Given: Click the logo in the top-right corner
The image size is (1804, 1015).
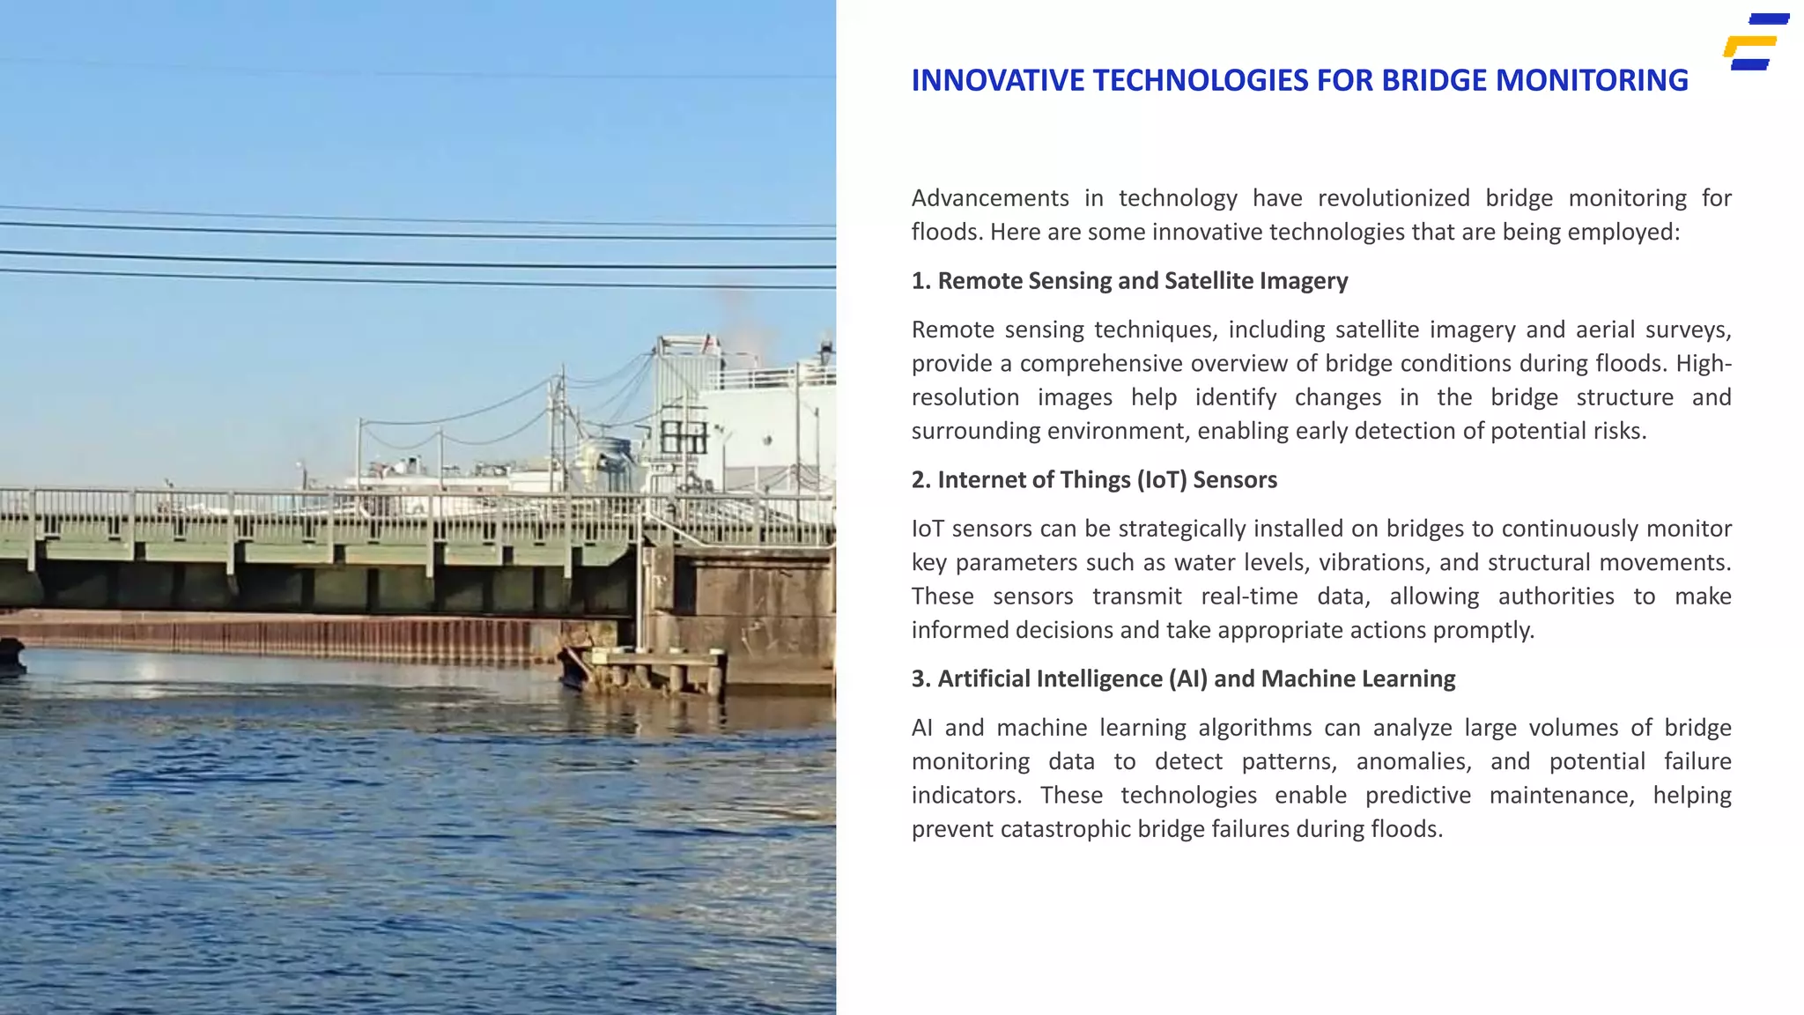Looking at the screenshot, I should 1756,41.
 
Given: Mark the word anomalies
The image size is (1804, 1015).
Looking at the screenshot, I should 1414,762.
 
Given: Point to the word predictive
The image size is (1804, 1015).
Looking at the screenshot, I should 1417,796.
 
